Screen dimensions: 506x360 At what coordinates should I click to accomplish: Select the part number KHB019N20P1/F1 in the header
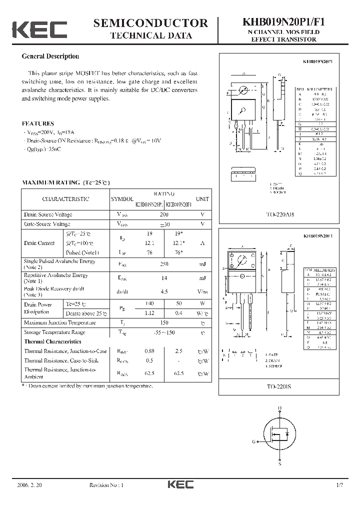[x=283, y=22]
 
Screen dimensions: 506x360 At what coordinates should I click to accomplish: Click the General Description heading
[x=50, y=56]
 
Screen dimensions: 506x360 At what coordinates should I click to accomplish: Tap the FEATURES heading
[x=38, y=123]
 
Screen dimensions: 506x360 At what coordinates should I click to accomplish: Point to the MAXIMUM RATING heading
[x=65, y=182]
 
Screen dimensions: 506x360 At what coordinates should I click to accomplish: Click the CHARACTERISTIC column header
[x=65, y=199]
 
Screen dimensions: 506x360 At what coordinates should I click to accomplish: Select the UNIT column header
[x=202, y=199]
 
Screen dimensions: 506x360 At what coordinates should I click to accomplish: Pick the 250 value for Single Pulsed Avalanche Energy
[x=164, y=263]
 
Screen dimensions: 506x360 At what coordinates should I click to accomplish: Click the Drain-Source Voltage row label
[x=48, y=214]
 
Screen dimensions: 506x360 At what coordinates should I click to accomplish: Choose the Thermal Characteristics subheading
[x=53, y=341]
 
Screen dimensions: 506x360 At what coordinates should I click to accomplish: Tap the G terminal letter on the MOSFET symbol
[x=254, y=441]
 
